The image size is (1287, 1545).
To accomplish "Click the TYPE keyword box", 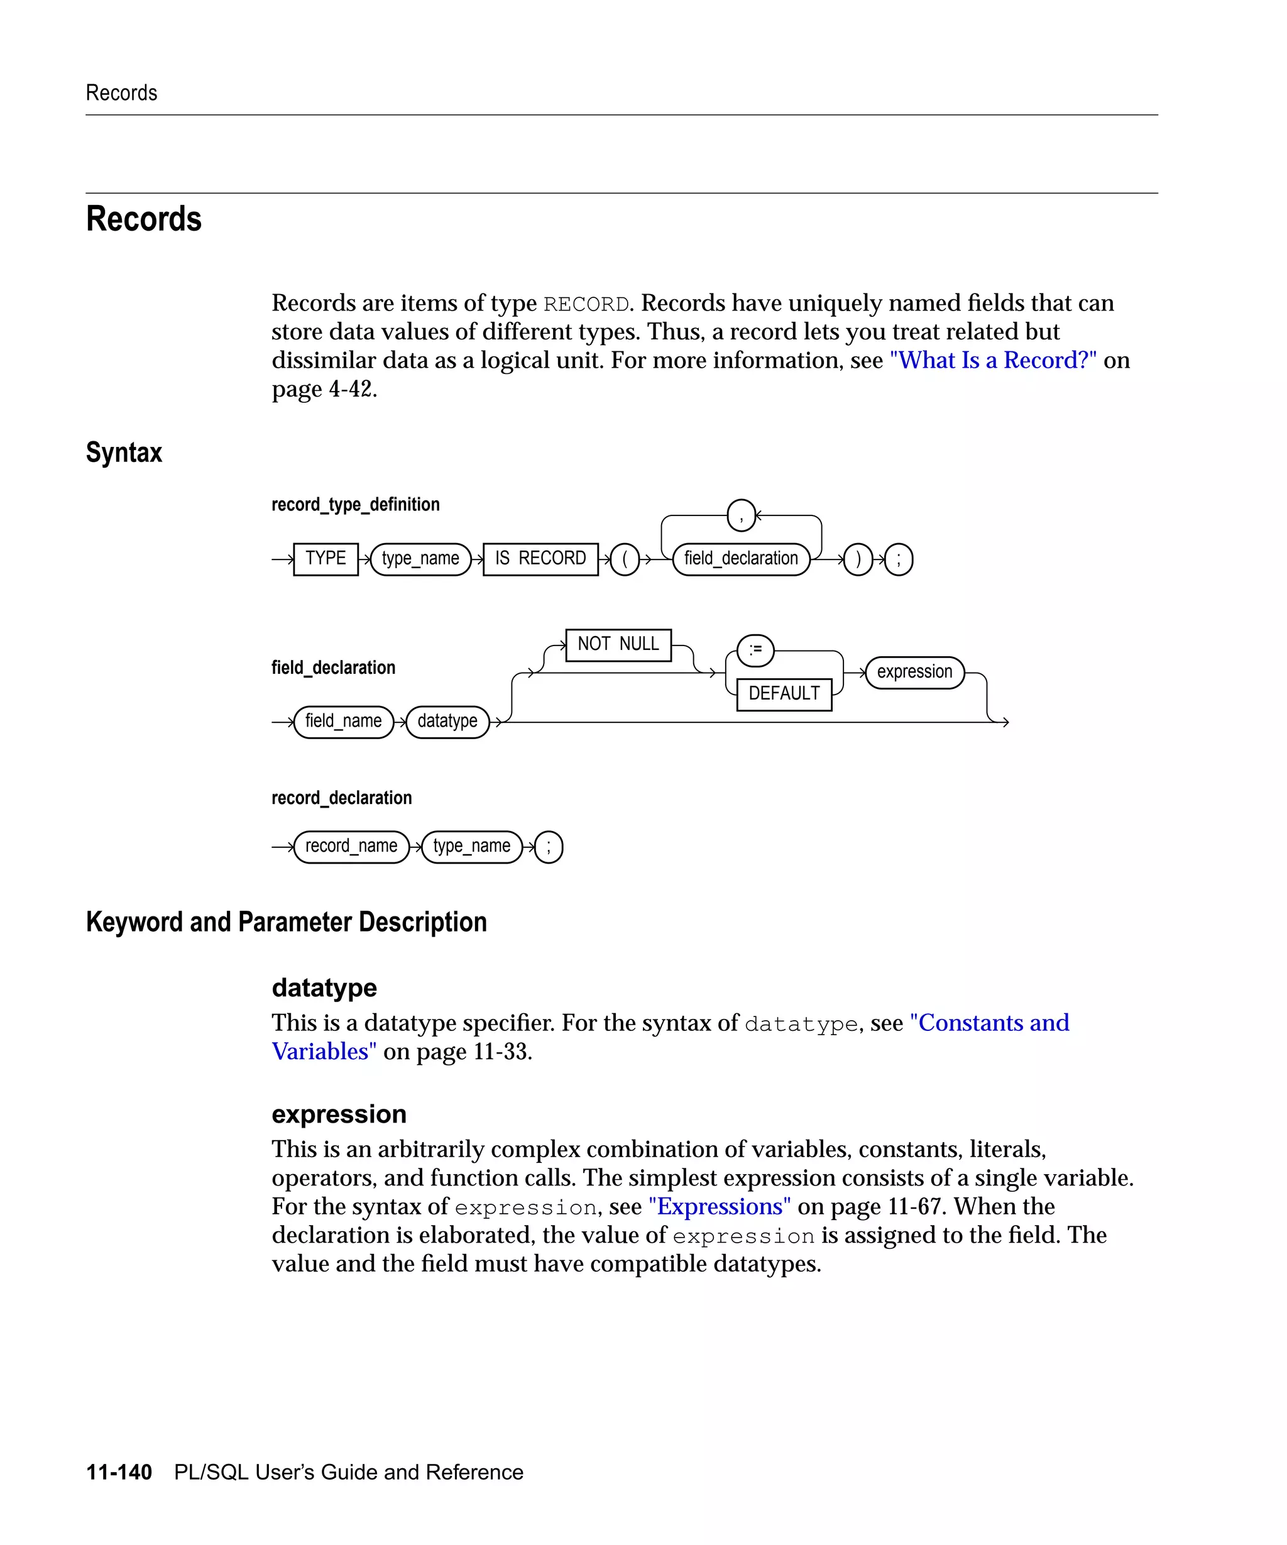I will pyautogui.click(x=325, y=559).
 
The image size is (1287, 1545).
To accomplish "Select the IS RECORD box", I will pyautogui.click(x=540, y=559).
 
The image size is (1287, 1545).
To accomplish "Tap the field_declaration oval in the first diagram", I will pyautogui.click(x=740, y=559).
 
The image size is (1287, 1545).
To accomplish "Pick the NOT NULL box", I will pyautogui.click(x=618, y=644).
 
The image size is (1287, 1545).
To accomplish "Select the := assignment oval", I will pyautogui.click(x=755, y=651).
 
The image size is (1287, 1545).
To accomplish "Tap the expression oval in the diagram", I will pyautogui.click(x=914, y=673).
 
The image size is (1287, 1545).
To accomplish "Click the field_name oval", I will pyautogui.click(x=344, y=722).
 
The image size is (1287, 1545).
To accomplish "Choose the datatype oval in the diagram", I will pyautogui.click(x=447, y=722).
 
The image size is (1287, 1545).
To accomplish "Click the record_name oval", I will pyautogui.click(x=351, y=847).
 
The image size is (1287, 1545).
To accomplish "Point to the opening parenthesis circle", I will pyautogui.click(x=625, y=560).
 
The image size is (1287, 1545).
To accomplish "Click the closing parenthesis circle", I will pyautogui.click(x=858, y=560).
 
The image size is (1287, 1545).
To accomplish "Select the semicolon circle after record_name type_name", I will pyautogui.click(x=548, y=847).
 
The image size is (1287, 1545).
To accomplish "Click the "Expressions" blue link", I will pyautogui.click(x=720, y=1207).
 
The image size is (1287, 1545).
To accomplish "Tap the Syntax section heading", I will pyautogui.click(x=124, y=453).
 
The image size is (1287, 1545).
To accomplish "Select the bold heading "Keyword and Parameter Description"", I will pyautogui.click(x=286, y=922).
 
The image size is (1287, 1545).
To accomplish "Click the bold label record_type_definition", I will pyautogui.click(x=355, y=505).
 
